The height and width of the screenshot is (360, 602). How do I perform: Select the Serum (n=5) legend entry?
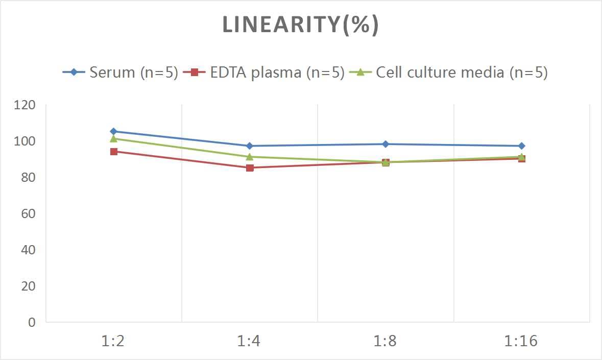click(121, 73)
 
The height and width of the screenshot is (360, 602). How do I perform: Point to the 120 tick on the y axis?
click(25, 105)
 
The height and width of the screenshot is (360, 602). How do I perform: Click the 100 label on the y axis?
click(25, 141)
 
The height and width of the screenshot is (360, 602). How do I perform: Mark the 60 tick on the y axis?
click(28, 213)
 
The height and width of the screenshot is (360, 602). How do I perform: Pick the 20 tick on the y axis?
click(28, 286)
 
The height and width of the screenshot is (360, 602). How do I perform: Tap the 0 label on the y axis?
click(32, 322)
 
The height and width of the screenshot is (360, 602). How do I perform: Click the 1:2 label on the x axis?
click(113, 341)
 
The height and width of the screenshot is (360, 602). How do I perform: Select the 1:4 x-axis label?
click(250, 341)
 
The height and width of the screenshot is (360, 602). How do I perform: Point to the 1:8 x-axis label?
click(386, 341)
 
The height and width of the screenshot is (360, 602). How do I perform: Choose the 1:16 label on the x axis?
click(521, 341)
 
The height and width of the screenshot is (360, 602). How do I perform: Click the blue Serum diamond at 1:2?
click(113, 131)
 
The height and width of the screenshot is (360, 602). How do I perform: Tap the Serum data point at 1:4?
click(250, 146)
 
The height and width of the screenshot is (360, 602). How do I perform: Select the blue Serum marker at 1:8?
click(386, 144)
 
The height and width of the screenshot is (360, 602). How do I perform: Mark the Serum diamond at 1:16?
click(521, 146)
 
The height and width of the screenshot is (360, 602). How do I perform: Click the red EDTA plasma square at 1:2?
click(113, 152)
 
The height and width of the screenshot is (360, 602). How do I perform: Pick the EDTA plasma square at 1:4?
click(250, 167)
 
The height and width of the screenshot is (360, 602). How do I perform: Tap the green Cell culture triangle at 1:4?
click(250, 157)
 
